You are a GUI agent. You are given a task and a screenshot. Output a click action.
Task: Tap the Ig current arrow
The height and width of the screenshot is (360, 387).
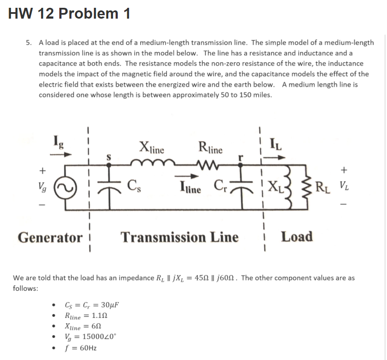(x=61, y=153)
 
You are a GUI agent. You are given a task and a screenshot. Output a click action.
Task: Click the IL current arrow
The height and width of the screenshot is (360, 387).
(x=276, y=157)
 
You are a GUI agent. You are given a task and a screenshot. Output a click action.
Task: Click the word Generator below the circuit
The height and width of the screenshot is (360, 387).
(x=50, y=238)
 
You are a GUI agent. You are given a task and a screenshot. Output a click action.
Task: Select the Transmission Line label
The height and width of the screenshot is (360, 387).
(x=179, y=237)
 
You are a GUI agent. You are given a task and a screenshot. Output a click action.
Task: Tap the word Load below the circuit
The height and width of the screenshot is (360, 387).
(x=297, y=237)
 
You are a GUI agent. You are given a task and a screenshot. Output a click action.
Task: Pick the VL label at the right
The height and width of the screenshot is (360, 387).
(x=345, y=188)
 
